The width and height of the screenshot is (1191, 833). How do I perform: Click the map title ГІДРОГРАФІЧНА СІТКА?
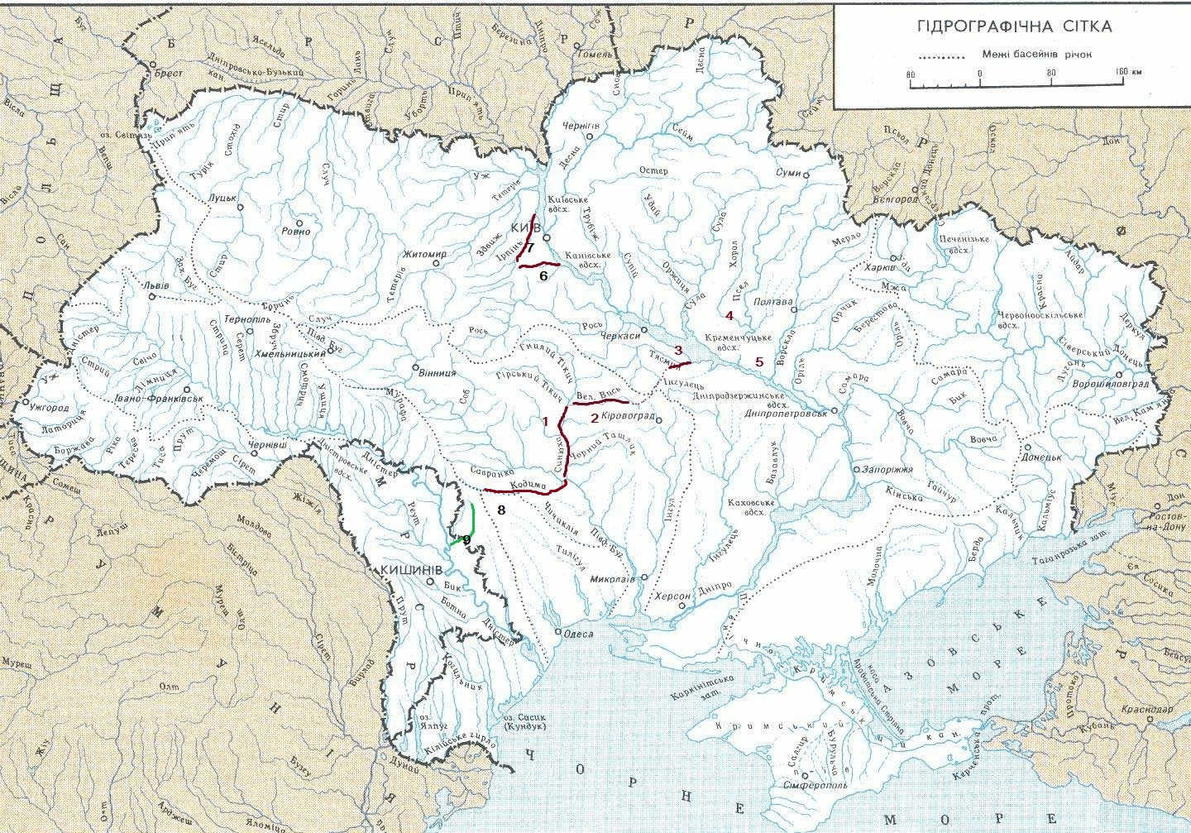pos(1014,26)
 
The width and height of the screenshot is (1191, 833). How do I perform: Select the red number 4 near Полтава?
pos(729,315)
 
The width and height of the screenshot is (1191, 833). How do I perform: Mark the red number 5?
pos(759,361)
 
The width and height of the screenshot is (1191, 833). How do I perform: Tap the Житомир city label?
pos(424,254)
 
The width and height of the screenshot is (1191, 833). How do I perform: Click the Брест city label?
pos(168,74)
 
